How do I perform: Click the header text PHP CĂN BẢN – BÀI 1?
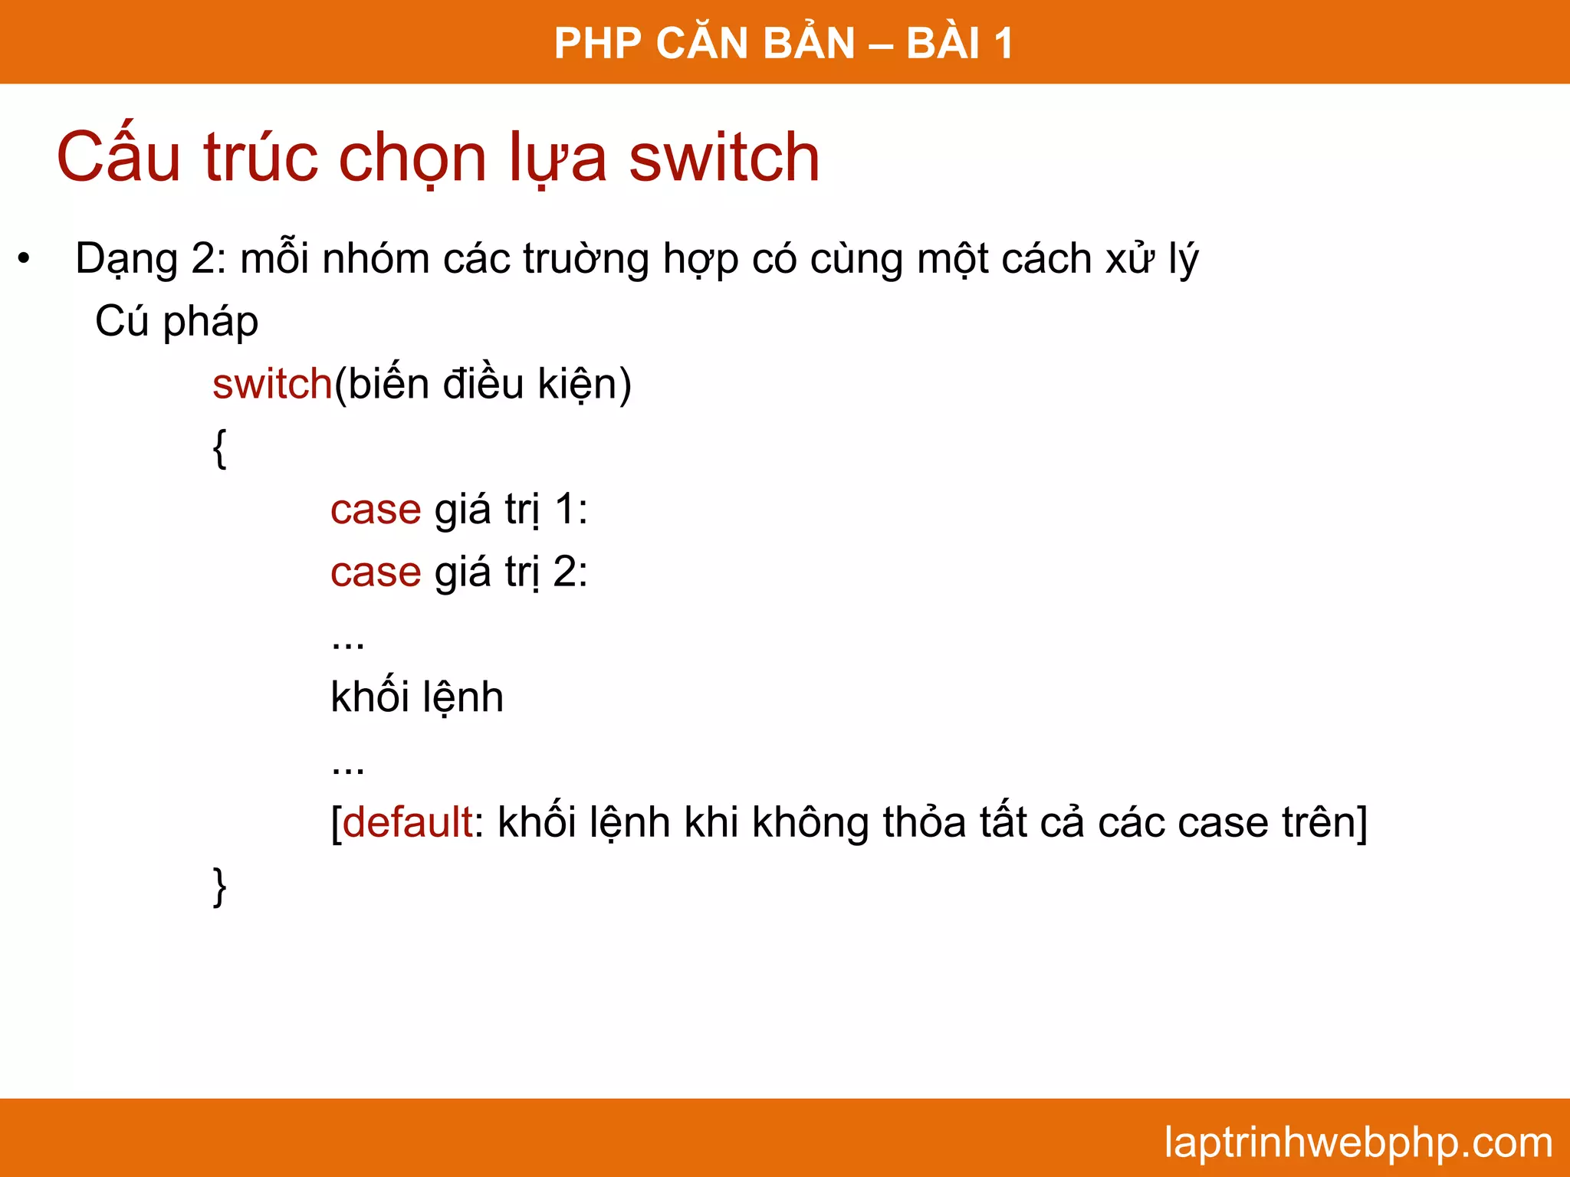pyautogui.click(x=783, y=43)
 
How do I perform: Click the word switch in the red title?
pyautogui.click(x=724, y=158)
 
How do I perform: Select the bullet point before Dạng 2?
pyautogui.click(x=25, y=260)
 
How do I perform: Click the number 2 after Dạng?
pyautogui.click(x=203, y=259)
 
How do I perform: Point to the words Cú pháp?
pyautogui.click(x=176, y=322)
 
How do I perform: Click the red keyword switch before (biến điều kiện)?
pyautogui.click(x=272, y=384)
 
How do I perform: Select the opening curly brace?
pyautogui.click(x=220, y=448)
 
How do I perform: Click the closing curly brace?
pyautogui.click(x=220, y=887)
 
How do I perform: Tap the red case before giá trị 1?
pyautogui.click(x=376, y=510)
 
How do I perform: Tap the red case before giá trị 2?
pyautogui.click(x=376, y=572)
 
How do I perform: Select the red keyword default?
pyautogui.click(x=407, y=822)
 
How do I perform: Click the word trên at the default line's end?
pyautogui.click(x=1316, y=822)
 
